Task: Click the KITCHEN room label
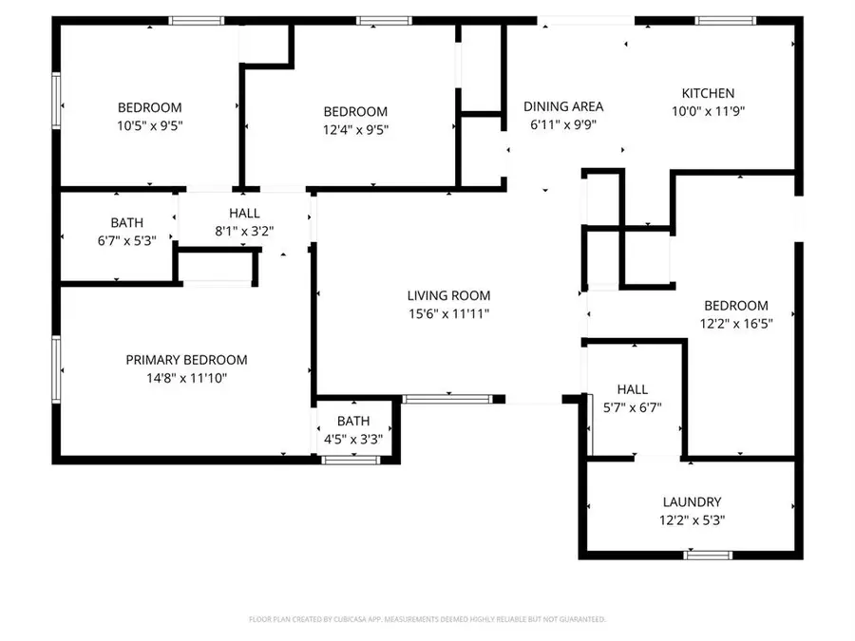point(708,93)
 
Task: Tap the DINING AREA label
point(565,106)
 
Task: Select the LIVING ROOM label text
point(448,296)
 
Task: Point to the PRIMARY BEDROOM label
point(186,360)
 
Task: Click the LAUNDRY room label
point(692,502)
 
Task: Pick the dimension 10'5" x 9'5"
point(149,125)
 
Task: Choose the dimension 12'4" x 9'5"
point(355,129)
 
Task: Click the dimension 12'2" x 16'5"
point(735,324)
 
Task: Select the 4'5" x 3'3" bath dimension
point(353,439)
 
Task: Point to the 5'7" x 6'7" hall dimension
point(632,407)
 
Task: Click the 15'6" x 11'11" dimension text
point(448,314)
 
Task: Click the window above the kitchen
point(726,20)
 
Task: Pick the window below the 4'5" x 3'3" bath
point(351,460)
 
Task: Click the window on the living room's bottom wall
point(432,399)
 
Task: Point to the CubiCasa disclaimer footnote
point(427,619)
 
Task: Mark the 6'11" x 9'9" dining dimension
point(565,124)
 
